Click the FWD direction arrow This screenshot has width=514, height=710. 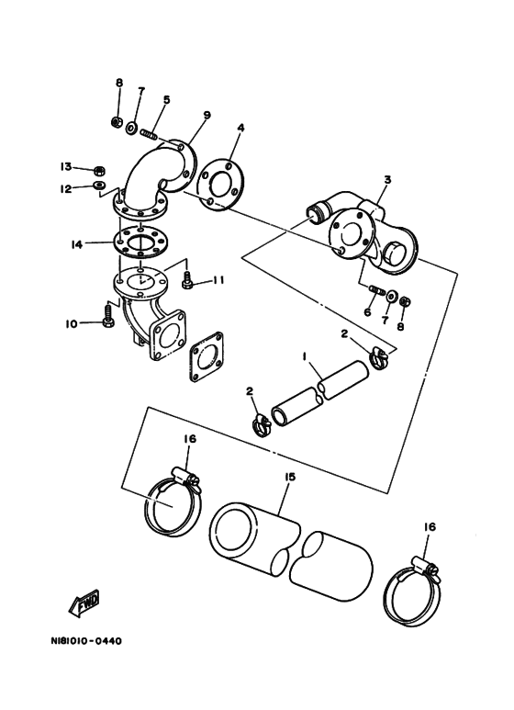click(84, 603)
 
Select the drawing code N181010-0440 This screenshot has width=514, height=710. click(86, 641)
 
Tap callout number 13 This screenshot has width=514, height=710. click(66, 166)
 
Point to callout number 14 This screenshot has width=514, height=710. click(76, 244)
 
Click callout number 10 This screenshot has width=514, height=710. click(72, 323)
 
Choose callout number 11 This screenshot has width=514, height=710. click(218, 281)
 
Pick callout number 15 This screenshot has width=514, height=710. click(289, 478)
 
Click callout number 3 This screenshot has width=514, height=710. click(386, 180)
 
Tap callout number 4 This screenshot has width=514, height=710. click(240, 129)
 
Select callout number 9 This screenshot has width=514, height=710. click(207, 115)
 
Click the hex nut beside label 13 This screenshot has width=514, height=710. click(100, 171)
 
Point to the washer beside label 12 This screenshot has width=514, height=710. click(99, 185)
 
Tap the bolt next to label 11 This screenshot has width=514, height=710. click(186, 280)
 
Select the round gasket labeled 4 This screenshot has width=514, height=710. click(221, 183)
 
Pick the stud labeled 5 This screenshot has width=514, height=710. click(150, 134)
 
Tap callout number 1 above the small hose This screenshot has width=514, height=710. click(305, 357)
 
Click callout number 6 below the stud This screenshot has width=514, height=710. click(367, 312)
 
